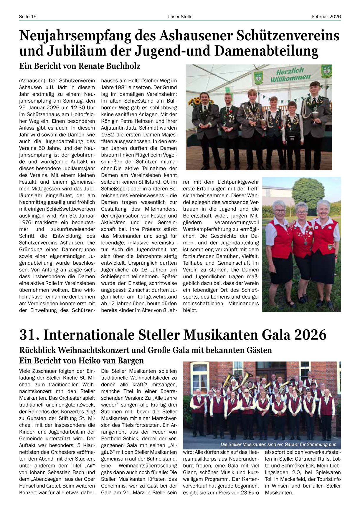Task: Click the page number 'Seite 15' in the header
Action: (x=28, y=17)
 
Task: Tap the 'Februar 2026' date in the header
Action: (x=326, y=17)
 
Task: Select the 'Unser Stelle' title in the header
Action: (x=180, y=17)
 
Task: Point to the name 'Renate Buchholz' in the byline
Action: (x=109, y=66)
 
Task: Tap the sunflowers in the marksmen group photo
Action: (x=196, y=101)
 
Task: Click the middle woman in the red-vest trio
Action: (x=302, y=236)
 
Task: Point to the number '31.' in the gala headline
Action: (x=29, y=335)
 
